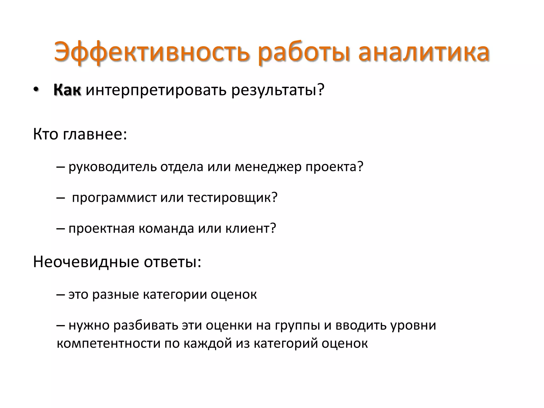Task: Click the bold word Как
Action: pyautogui.click(x=67, y=90)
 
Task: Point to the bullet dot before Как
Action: pyautogui.click(x=36, y=90)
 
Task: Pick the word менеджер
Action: pyautogui.click(x=268, y=167)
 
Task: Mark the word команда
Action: pyautogui.click(x=166, y=228)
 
